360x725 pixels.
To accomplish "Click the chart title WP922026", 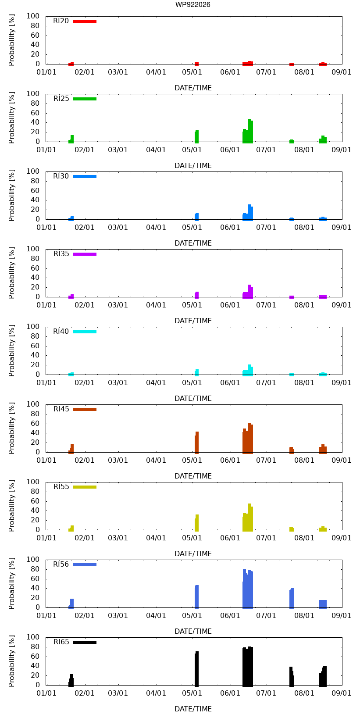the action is point(193,4).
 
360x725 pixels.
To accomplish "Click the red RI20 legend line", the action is point(85,21).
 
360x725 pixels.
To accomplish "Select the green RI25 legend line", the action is point(85,99).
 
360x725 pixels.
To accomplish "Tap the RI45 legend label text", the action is point(61,409).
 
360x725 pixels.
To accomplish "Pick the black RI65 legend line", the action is point(85,642).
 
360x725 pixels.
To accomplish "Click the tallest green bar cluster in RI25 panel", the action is point(248,131).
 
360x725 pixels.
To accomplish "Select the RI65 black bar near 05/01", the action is point(196,669).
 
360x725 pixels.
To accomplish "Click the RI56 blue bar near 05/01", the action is point(196,597).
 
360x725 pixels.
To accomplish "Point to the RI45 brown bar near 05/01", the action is point(196,443).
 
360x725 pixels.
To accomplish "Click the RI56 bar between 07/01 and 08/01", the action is point(292,598).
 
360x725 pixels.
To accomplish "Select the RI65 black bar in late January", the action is point(71,680).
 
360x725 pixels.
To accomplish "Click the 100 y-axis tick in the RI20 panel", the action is point(33,16).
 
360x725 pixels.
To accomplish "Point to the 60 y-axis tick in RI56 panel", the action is point(35,579).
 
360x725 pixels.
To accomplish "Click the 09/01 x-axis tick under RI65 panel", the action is point(341,693).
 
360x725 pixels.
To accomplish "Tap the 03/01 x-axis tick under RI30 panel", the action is point(118,227).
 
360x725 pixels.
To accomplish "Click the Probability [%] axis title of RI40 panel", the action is point(12,350).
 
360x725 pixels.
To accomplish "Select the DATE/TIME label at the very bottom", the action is point(193,709).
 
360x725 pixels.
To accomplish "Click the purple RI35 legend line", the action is point(85,254).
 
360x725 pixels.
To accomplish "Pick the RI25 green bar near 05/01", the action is point(196,136).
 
